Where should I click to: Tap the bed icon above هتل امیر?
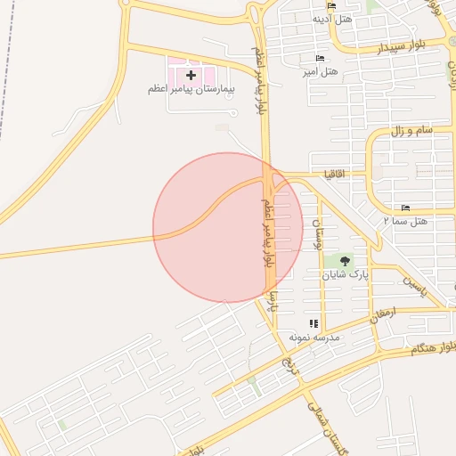[321, 58]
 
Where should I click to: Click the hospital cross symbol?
[191, 75]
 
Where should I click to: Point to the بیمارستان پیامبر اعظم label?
[191, 89]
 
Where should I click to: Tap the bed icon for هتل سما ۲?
[406, 207]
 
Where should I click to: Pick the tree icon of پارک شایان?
[345, 260]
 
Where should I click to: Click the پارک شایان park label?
[345, 273]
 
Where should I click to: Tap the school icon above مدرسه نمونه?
[313, 323]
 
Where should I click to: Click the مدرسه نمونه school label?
[311, 338]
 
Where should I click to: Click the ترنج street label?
[287, 362]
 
